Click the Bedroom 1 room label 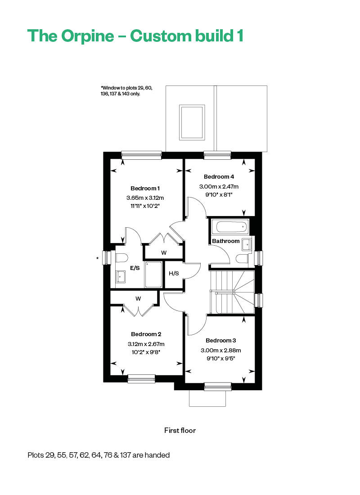[145, 189]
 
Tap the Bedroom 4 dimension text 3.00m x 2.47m [219, 187]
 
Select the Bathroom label [226, 241]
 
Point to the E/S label [135, 268]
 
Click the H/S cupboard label [174, 274]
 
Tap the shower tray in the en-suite [153, 274]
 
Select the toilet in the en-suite [121, 257]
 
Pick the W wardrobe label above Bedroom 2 [138, 299]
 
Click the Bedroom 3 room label [221, 340]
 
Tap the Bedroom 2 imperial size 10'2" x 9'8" [146, 352]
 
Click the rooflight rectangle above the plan [191, 122]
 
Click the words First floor [180, 430]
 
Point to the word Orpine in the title [87, 36]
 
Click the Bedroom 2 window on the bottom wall [141, 378]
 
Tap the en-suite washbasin [121, 277]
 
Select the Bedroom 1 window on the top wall [142, 155]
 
